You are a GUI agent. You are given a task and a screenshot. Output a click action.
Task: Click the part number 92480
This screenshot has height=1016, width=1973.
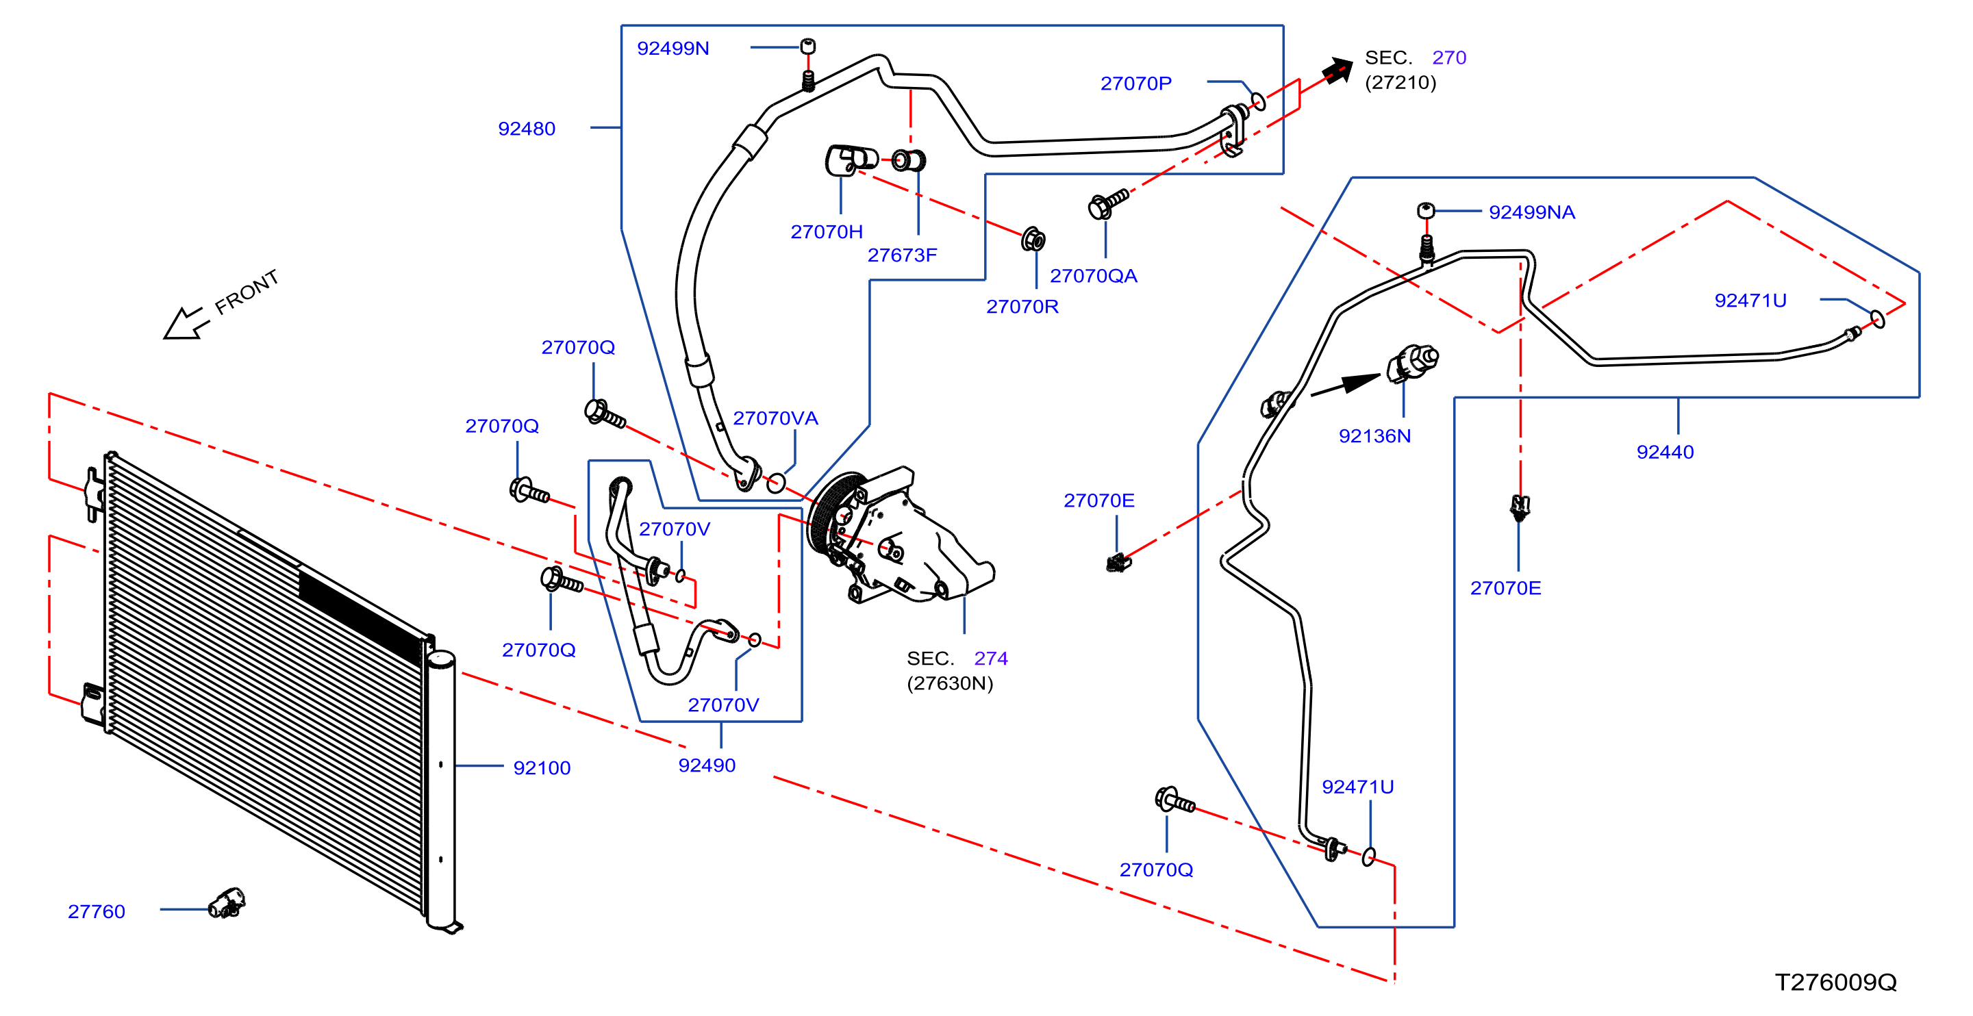pyautogui.click(x=526, y=129)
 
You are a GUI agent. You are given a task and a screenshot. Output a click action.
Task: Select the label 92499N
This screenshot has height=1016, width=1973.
pyautogui.click(x=673, y=48)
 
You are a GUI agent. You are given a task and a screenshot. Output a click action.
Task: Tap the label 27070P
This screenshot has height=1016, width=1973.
pyautogui.click(x=1136, y=84)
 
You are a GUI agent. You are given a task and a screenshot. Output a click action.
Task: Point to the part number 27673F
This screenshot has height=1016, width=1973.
pyautogui.click(x=901, y=255)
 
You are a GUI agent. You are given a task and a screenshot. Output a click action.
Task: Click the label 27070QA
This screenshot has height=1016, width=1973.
pyautogui.click(x=1093, y=276)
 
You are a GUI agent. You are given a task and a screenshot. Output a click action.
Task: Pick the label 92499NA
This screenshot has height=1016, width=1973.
pyautogui.click(x=1532, y=212)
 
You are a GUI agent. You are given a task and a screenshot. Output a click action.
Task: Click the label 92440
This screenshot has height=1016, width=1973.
pyautogui.click(x=1665, y=452)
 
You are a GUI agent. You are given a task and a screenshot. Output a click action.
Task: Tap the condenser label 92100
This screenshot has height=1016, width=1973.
pyautogui.click(x=542, y=768)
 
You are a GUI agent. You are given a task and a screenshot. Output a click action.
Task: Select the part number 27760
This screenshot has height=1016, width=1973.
pyautogui.click(x=97, y=911)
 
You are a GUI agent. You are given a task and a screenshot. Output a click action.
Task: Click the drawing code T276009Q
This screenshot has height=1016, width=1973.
pyautogui.click(x=1836, y=982)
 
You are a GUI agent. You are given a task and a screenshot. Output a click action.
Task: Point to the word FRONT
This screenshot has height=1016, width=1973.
pyautogui.click(x=247, y=292)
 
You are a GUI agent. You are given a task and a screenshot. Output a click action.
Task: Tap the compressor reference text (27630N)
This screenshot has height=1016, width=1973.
pyautogui.click(x=950, y=683)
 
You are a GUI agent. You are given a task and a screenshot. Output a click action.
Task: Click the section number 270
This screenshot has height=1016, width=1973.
pyautogui.click(x=1449, y=58)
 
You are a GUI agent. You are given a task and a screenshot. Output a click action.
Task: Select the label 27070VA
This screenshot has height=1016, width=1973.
pyautogui.click(x=775, y=418)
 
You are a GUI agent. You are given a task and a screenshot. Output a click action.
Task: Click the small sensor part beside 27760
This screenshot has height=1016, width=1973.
pyautogui.click(x=227, y=902)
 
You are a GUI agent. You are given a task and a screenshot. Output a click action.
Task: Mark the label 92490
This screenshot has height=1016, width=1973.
pyautogui.click(x=707, y=765)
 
